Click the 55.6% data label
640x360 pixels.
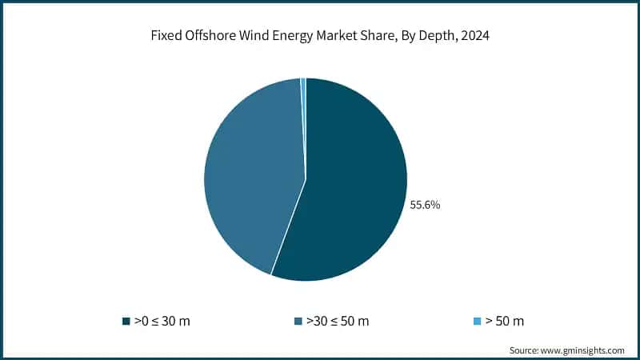click(x=425, y=205)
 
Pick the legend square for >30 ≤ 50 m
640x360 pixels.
click(x=298, y=322)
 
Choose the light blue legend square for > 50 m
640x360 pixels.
click(x=478, y=322)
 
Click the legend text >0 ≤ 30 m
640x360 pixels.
click(x=162, y=322)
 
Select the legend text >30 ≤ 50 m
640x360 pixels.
click(x=338, y=322)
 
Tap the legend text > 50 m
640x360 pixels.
click(x=506, y=322)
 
